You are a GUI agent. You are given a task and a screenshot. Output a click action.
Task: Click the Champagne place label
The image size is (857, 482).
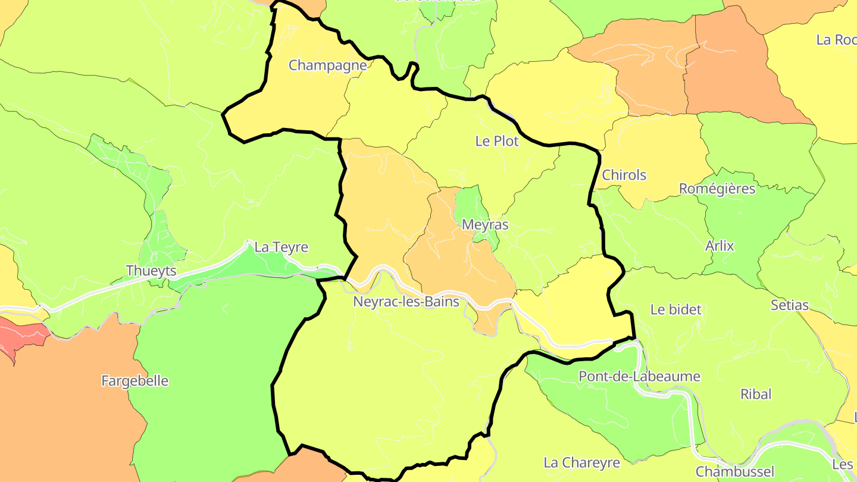[327, 65]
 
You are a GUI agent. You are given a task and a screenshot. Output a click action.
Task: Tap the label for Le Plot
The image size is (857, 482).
[497, 141]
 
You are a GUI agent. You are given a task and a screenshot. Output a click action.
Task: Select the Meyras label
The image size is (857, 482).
[486, 225]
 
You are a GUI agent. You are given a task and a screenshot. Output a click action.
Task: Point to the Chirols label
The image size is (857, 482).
[624, 175]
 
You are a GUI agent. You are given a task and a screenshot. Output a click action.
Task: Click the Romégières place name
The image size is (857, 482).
[717, 189]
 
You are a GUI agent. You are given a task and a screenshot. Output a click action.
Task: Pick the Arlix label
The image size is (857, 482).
[720, 246]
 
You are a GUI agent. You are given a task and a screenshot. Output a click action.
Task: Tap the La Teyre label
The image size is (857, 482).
[282, 247]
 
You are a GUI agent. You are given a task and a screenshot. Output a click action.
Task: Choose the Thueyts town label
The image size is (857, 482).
[151, 271]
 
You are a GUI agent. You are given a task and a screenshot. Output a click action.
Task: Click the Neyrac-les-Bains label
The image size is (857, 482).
[406, 302]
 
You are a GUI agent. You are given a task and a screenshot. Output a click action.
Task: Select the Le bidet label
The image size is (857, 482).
[676, 309]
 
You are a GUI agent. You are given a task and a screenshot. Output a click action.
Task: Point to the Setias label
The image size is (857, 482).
[790, 305]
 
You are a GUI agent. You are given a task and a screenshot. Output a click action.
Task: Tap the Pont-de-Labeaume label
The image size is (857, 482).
[640, 377]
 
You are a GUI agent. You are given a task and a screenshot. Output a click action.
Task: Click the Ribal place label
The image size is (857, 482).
[756, 394]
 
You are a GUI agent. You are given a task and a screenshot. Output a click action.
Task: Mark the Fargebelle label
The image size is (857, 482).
[135, 381]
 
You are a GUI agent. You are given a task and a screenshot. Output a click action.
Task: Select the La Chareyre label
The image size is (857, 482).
[582, 462]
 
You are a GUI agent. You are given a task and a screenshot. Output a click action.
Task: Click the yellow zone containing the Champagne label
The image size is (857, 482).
[298, 95]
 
